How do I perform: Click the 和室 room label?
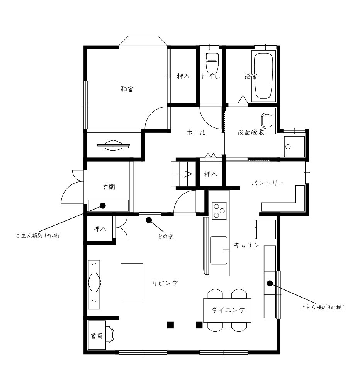tap(127, 89)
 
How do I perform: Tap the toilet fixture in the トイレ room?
tap(212, 64)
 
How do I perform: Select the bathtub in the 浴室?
tap(263, 76)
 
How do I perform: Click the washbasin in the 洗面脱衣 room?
tap(267, 120)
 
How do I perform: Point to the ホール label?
tap(196, 132)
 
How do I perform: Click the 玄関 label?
tap(109, 187)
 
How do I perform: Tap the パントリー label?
tap(268, 183)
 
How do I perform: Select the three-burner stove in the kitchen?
tap(219, 211)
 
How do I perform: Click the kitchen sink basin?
tap(219, 250)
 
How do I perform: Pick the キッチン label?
tap(246, 245)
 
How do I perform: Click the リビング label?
tap(165, 283)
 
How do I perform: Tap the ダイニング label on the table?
tap(228, 310)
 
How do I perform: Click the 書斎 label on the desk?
tap(97, 336)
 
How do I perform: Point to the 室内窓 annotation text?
tap(165, 237)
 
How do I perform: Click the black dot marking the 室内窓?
tap(149, 220)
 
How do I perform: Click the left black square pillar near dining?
tap(170, 325)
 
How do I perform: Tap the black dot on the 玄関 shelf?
tap(103, 205)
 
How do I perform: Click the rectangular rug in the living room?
tap(132, 282)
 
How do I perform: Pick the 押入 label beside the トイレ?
tap(183, 76)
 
